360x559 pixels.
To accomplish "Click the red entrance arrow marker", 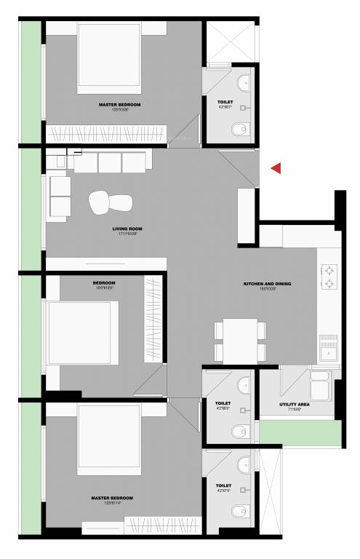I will click(276, 168).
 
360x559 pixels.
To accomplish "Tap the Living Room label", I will click(127, 229).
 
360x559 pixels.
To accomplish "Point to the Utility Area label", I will click(295, 404).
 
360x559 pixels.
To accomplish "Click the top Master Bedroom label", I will click(119, 105).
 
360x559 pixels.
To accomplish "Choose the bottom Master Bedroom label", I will click(112, 498).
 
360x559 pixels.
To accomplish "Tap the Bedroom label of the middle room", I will click(104, 282).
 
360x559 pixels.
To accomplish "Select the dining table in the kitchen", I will click(240, 341).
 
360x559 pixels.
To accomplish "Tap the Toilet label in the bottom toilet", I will click(223, 485).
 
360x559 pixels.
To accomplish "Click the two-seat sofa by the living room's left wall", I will click(60, 197).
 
